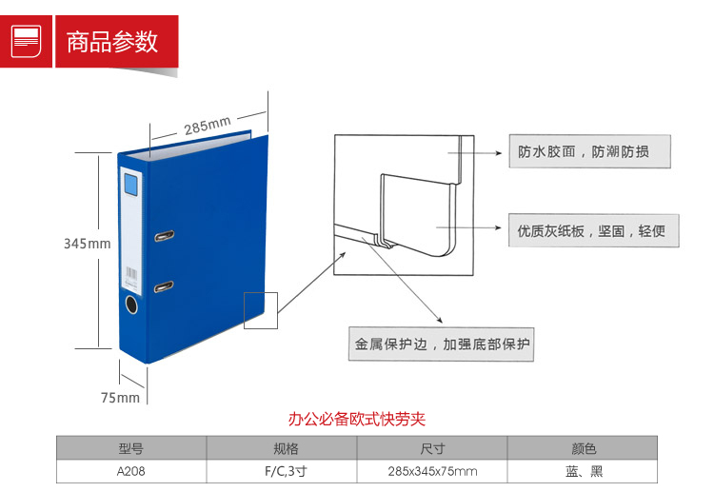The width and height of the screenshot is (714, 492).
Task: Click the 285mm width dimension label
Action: click(208, 125)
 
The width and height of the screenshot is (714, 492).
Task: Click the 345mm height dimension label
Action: click(87, 244)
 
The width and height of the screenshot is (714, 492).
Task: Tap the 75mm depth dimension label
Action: click(120, 398)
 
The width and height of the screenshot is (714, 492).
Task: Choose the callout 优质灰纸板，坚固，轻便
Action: click(591, 230)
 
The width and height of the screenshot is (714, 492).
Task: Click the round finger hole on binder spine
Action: click(131, 306)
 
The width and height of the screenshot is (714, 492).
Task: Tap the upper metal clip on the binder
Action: click(164, 235)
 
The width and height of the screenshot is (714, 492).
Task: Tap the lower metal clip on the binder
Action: click(164, 284)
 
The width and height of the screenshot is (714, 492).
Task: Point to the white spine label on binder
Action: click(131, 227)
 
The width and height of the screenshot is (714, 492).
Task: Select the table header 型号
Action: click(130, 448)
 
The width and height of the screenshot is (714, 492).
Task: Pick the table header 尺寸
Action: click(432, 448)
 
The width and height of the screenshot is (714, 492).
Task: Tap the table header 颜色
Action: click(583, 448)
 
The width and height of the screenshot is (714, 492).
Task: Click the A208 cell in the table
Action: click(130, 471)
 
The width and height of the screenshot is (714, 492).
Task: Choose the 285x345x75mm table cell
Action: click(432, 471)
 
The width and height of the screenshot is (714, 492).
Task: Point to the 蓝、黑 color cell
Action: click(583, 471)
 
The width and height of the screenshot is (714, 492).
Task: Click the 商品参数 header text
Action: click(111, 42)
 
